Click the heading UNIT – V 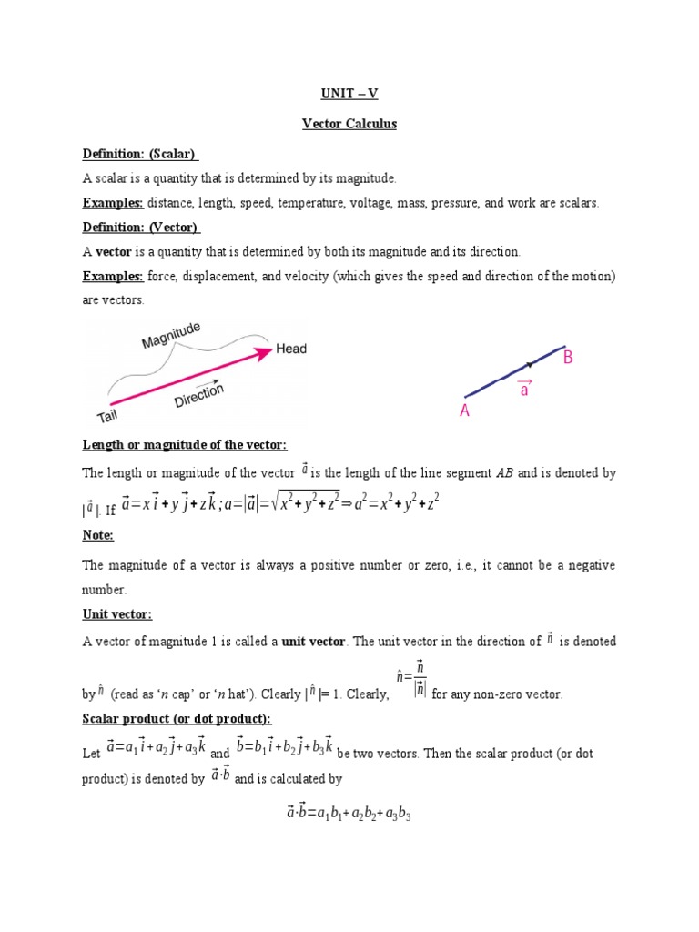(x=349, y=93)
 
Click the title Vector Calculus (x=349, y=124)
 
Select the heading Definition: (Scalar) (x=141, y=154)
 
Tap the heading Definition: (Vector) (x=141, y=227)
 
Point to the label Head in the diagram (x=291, y=349)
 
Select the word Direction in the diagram (x=198, y=396)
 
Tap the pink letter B (x=568, y=359)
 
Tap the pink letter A (x=464, y=411)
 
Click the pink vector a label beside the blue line (x=524, y=388)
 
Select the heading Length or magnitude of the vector (x=185, y=444)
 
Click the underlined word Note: (x=98, y=535)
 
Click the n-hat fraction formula (x=412, y=680)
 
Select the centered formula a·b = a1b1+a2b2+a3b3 (x=349, y=814)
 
